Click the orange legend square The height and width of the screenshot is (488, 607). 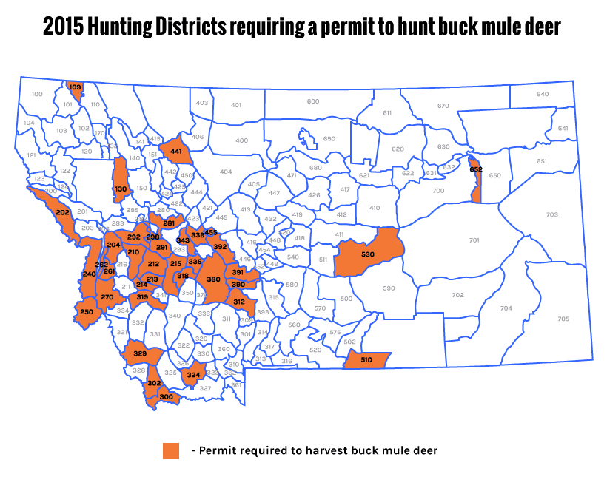point(171,450)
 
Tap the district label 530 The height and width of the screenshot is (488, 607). point(367,254)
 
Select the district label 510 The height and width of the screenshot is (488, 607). point(366,360)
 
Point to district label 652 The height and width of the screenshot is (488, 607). point(476,169)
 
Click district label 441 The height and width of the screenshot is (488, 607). point(176,151)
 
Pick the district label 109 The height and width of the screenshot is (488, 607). point(75,87)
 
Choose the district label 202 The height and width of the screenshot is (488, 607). point(62,213)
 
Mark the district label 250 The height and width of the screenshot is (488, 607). point(86,312)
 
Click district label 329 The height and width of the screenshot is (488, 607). point(140,354)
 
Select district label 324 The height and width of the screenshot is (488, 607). point(193,375)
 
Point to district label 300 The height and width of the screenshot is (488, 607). point(166,397)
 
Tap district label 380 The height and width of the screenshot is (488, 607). point(213,279)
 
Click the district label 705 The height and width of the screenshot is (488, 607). point(563,319)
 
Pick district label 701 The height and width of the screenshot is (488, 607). point(474,240)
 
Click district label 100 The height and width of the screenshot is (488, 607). point(37,94)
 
